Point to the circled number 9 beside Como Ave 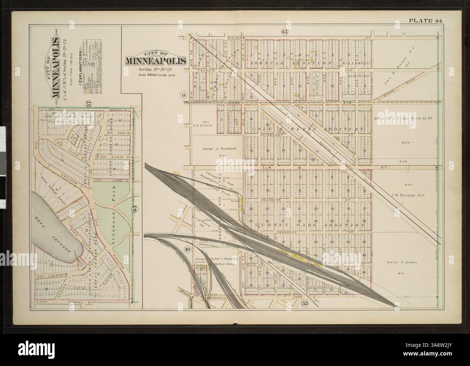coord(184,95)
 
